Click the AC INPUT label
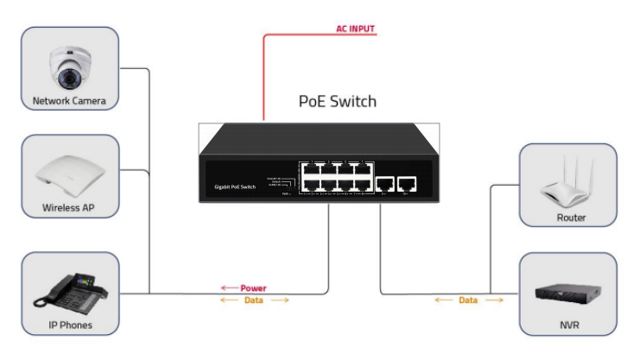point(355,28)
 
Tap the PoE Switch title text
point(337,101)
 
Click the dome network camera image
point(68,67)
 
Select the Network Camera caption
point(69,101)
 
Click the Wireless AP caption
point(68,208)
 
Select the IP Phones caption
point(69,325)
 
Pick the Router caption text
point(571,218)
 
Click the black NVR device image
point(571,292)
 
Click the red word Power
point(253,288)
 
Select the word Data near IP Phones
point(254,300)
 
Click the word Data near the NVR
point(468,300)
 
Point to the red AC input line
point(263,78)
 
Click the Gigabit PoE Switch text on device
point(235,187)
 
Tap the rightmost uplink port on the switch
point(406,183)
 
